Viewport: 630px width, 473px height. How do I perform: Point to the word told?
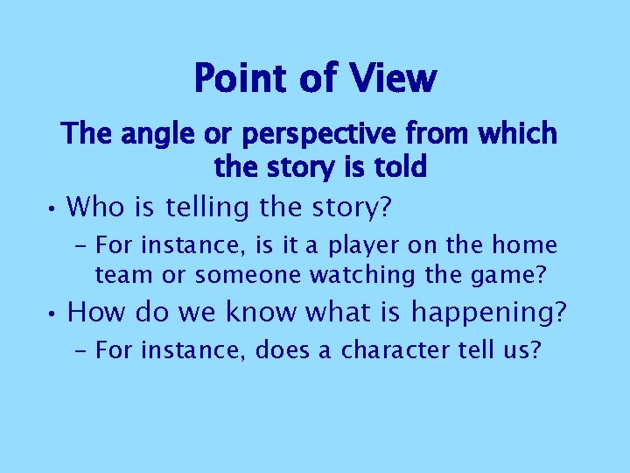(397, 166)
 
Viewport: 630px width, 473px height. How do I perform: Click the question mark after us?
(535, 350)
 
